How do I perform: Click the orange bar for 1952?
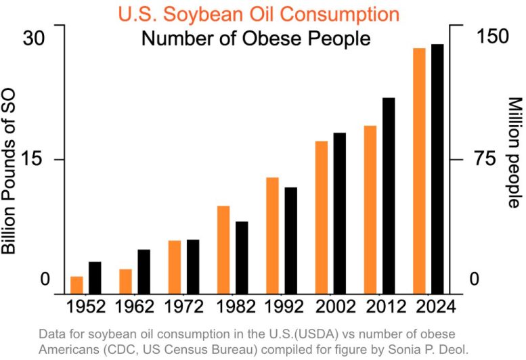[76, 285]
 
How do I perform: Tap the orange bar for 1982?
[223, 249]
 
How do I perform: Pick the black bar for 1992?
[290, 240]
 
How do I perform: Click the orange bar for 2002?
[322, 217]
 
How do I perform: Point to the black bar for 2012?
[389, 196]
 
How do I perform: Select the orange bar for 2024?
[419, 171]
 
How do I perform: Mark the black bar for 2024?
[438, 168]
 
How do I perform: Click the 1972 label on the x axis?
[184, 307]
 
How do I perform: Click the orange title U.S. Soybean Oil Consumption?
[259, 14]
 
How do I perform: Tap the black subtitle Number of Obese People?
[256, 38]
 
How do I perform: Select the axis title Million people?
[514, 152]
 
